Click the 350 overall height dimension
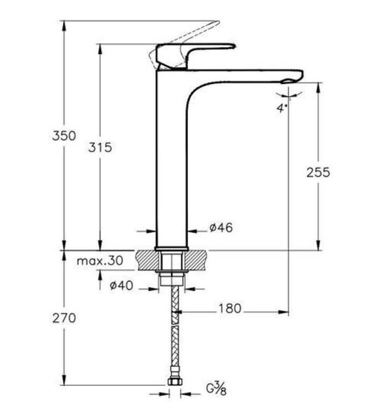pyautogui.click(x=64, y=136)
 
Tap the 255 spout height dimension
pyautogui.click(x=319, y=172)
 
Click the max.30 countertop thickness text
pyautogui.click(x=100, y=260)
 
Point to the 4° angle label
pyautogui.click(x=282, y=108)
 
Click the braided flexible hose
pyautogui.click(x=172, y=336)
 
